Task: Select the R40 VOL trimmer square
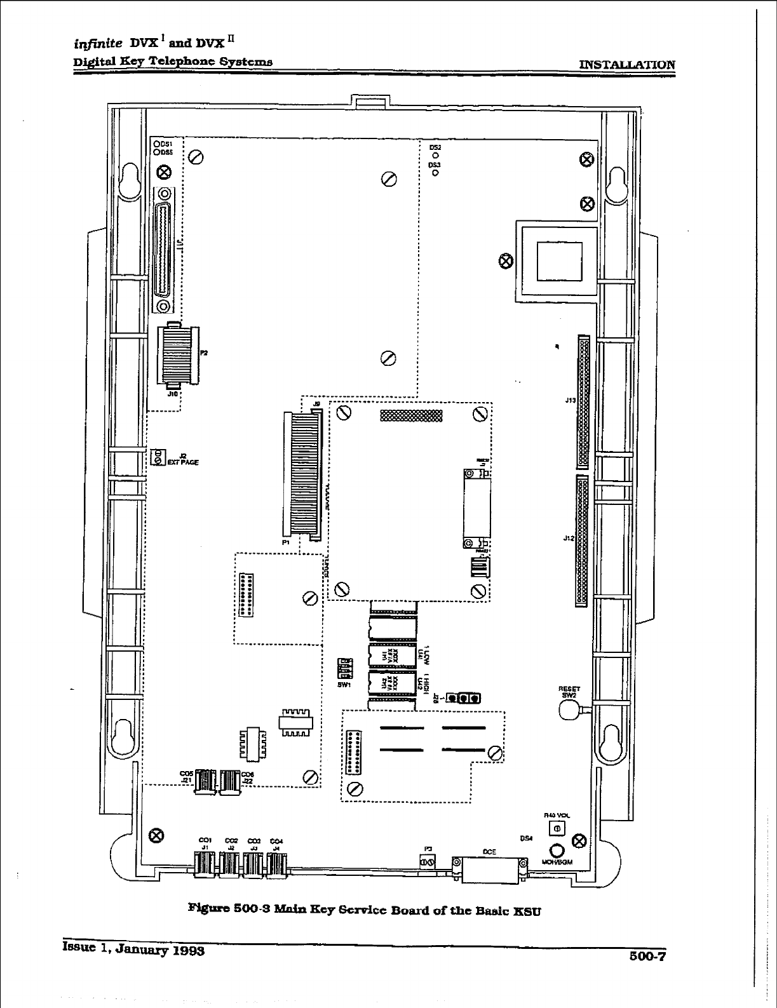click(x=557, y=828)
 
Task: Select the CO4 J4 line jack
click(x=277, y=864)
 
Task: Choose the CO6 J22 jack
click(x=229, y=781)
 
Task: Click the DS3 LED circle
click(x=435, y=171)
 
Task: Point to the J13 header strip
click(x=583, y=402)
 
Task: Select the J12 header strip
click(x=581, y=541)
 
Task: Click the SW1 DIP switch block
click(x=345, y=669)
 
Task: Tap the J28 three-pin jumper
click(x=463, y=699)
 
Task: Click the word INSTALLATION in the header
click(x=627, y=64)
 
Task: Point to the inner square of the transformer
click(x=559, y=260)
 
